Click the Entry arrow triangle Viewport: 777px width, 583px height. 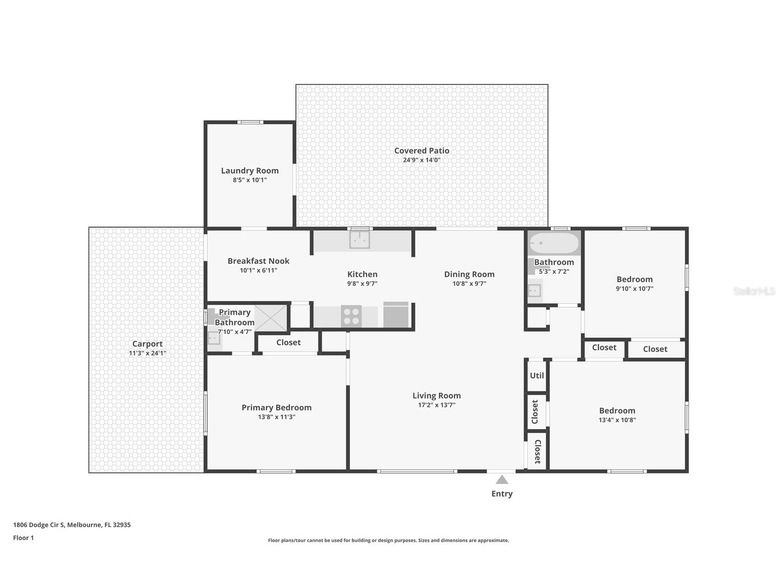click(x=502, y=479)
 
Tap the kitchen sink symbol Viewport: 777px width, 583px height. click(x=359, y=240)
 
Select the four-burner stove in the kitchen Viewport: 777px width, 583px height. click(x=351, y=316)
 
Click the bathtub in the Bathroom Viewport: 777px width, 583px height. click(x=554, y=243)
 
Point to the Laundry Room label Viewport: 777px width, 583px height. click(x=250, y=170)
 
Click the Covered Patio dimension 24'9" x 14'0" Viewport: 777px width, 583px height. click(x=422, y=160)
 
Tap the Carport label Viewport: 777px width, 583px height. click(x=147, y=344)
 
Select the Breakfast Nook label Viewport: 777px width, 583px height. click(x=259, y=261)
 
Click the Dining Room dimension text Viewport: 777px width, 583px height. click(x=469, y=284)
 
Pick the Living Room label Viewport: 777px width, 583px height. click(x=437, y=396)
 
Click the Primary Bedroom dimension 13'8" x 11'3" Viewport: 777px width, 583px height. click(x=277, y=417)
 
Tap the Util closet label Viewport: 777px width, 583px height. click(x=537, y=375)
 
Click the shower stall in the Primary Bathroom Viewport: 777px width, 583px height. click(x=271, y=318)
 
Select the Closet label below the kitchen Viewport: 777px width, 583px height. click(x=288, y=342)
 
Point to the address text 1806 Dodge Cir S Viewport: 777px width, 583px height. click(x=39, y=525)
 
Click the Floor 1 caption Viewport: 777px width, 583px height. click(x=23, y=538)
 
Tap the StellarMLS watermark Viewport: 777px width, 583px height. click(x=754, y=291)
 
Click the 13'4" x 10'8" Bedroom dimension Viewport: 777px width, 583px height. click(x=617, y=420)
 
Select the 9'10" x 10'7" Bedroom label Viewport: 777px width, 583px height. click(x=635, y=279)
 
